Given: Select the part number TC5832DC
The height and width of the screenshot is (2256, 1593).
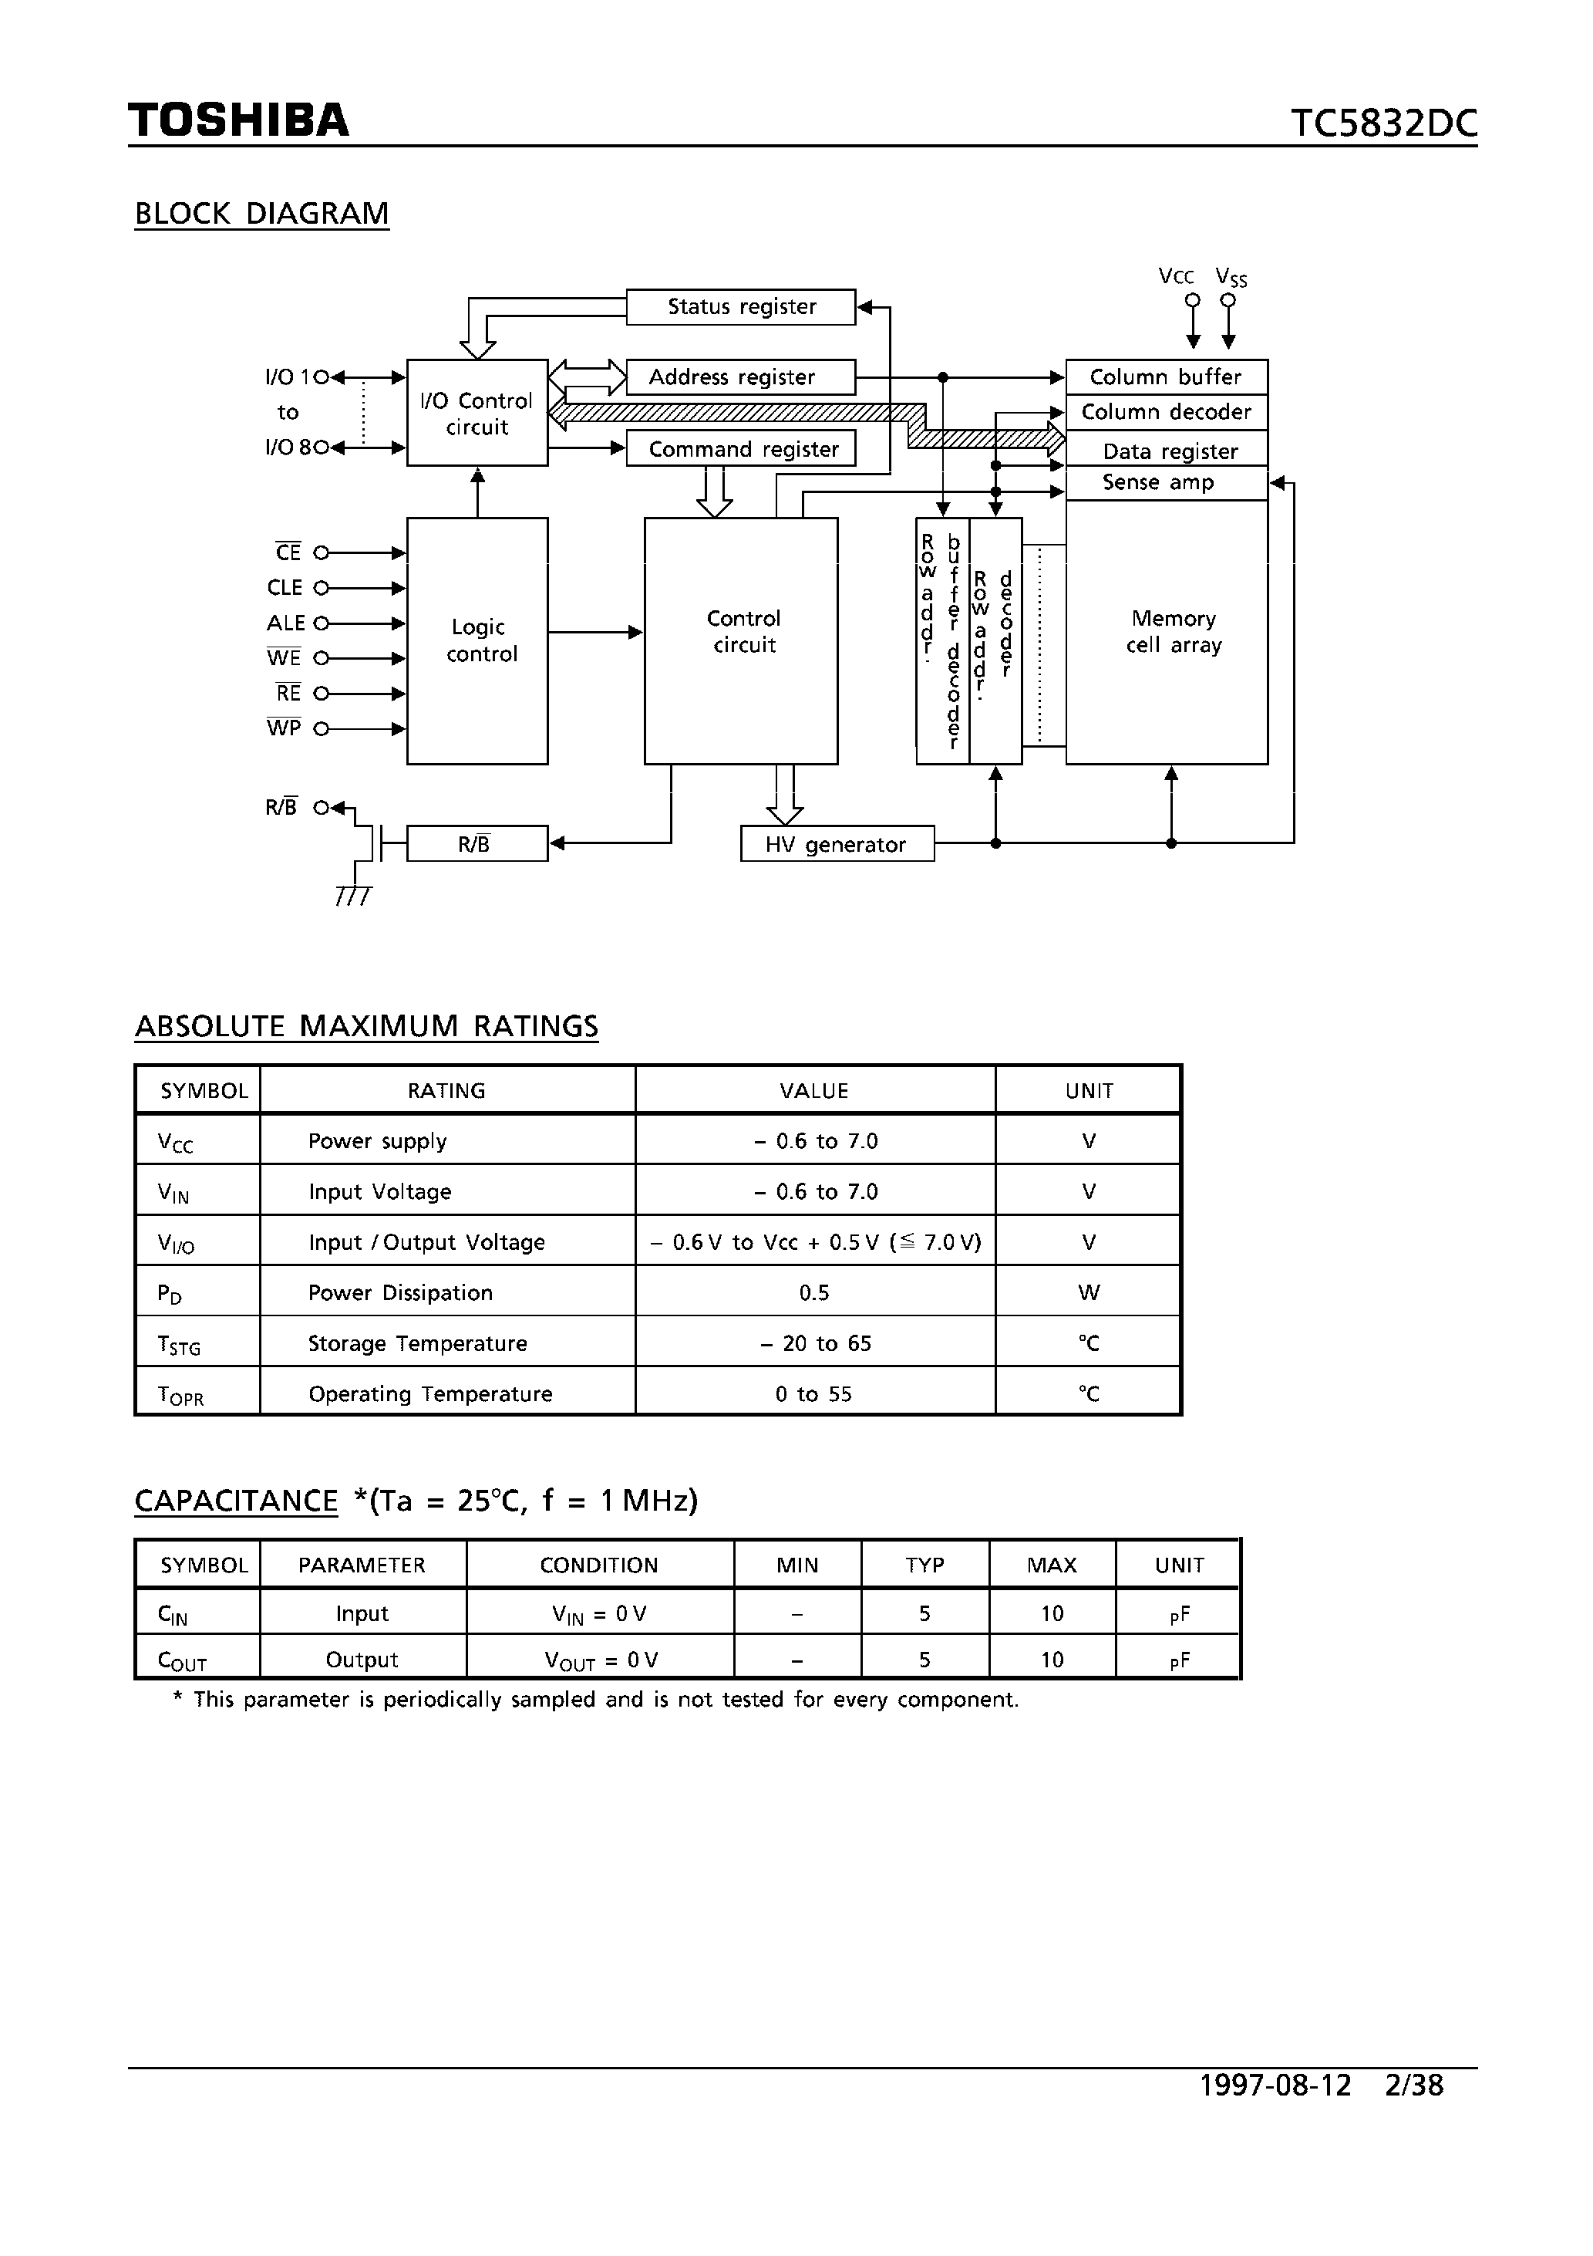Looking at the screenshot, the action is [x=1383, y=123].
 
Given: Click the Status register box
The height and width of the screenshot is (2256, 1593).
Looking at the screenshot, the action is [x=740, y=306].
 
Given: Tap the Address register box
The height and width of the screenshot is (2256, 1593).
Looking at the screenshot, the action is [x=740, y=377].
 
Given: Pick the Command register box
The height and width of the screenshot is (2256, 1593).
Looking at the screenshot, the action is [x=740, y=449].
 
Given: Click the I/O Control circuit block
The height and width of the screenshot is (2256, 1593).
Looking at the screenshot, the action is [x=477, y=414].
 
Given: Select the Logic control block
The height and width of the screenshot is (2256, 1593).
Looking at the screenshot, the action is [x=477, y=640].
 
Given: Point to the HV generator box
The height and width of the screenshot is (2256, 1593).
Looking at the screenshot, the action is [x=837, y=845].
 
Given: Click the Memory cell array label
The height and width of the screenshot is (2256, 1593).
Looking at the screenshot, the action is [x=1174, y=632].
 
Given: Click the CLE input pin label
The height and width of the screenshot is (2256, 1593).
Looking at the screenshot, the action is [x=285, y=588].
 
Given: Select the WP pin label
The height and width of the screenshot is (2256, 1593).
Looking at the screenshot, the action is [x=284, y=728].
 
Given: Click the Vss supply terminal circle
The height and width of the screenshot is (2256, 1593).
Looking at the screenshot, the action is [x=1228, y=301].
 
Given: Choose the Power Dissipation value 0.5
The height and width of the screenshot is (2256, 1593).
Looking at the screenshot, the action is [x=814, y=1293].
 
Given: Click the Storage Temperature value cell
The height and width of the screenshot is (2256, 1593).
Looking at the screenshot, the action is [x=815, y=1343].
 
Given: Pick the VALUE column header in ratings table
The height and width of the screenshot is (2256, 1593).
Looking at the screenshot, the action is [x=814, y=1091].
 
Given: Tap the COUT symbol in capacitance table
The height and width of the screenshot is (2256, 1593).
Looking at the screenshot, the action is [x=183, y=1660].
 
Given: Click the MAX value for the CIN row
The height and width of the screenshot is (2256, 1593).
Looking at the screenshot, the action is [x=1052, y=1614].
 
